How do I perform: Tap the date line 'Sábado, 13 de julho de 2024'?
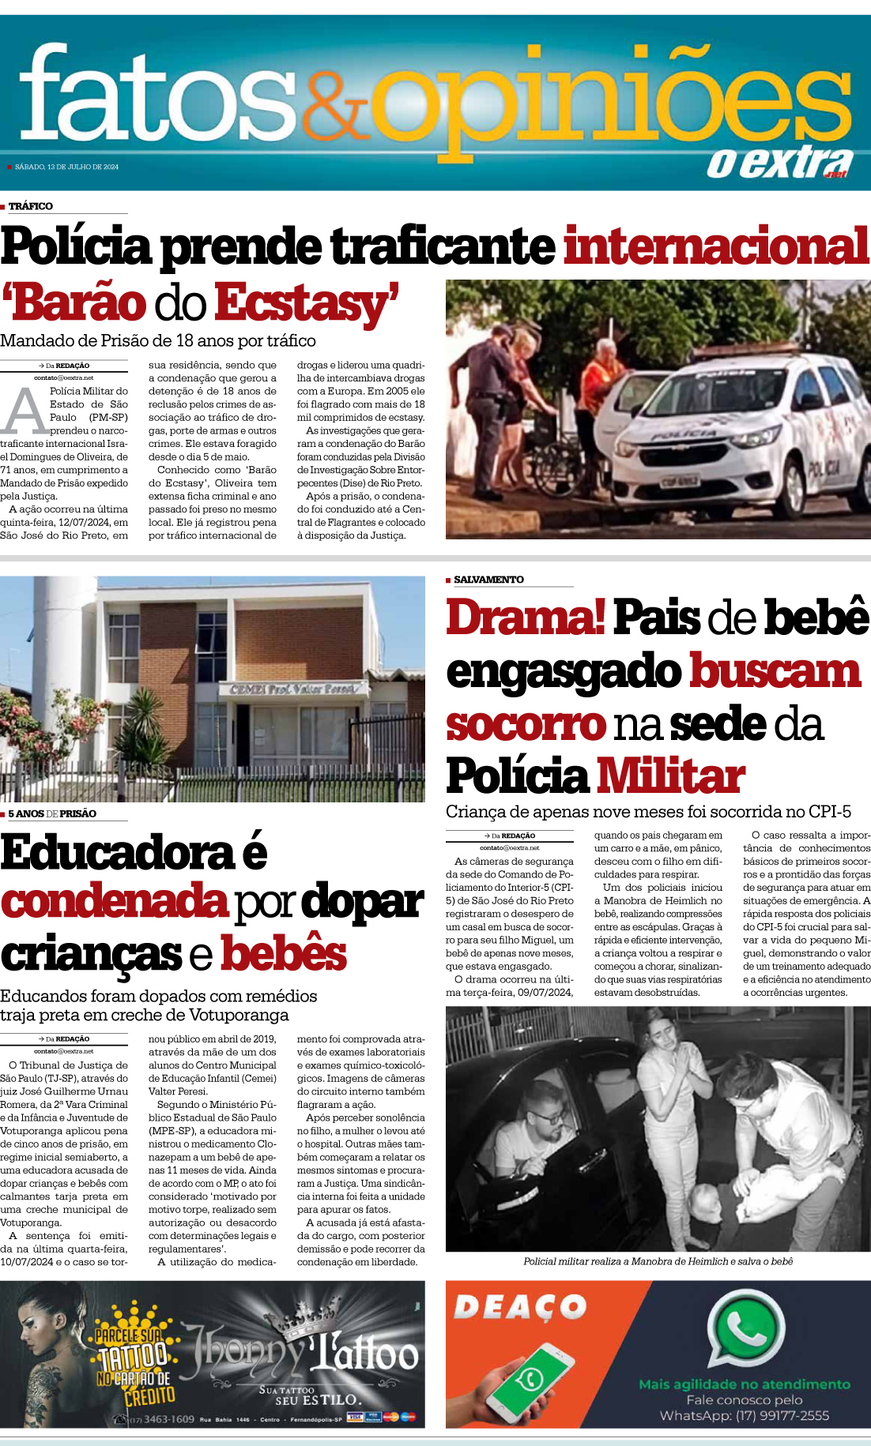click(x=66, y=167)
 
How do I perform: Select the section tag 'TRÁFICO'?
click(x=30, y=206)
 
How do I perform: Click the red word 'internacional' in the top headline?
click(x=716, y=246)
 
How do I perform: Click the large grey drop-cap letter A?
click(x=25, y=411)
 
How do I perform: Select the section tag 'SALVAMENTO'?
click(x=488, y=580)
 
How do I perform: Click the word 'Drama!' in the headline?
click(x=526, y=618)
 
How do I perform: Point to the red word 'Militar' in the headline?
click(x=670, y=776)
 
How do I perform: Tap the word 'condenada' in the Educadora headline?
click(x=115, y=902)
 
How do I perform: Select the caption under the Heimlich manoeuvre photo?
click(x=658, y=1261)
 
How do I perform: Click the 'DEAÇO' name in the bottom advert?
click(x=520, y=1307)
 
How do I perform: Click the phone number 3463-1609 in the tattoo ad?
click(x=168, y=1419)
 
